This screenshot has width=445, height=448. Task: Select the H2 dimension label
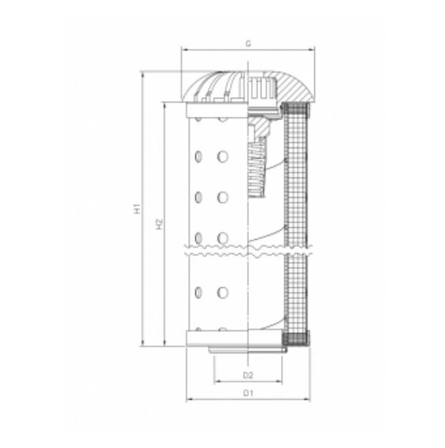coord(158,224)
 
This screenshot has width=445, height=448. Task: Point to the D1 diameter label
coord(247,392)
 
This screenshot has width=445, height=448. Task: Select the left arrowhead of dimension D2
coord(217,381)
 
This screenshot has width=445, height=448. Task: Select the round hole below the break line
coord(222,293)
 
